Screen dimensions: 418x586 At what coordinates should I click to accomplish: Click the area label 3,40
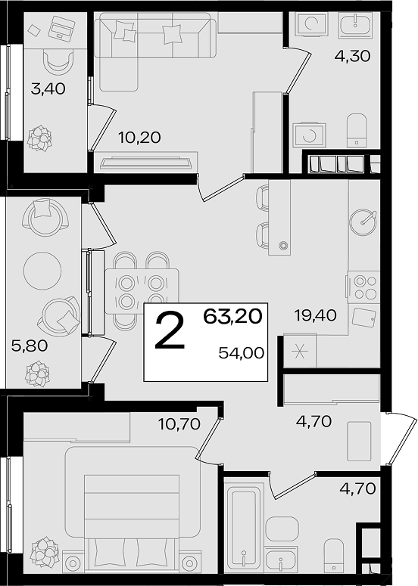pyautogui.click(x=48, y=89)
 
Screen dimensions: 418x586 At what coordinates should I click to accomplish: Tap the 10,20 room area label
pyautogui.click(x=139, y=138)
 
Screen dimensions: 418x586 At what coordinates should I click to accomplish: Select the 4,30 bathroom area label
pyautogui.click(x=352, y=56)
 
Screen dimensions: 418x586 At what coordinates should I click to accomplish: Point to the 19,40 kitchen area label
pyautogui.click(x=315, y=315)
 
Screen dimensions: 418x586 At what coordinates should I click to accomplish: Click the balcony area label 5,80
pyautogui.click(x=30, y=346)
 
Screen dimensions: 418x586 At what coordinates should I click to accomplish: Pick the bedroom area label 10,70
pyautogui.click(x=179, y=423)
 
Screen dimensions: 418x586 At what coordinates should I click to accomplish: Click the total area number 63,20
pyautogui.click(x=232, y=317)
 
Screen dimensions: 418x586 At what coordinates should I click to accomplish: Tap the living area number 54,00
pyautogui.click(x=242, y=353)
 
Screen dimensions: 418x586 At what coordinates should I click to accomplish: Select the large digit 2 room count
pyautogui.click(x=170, y=331)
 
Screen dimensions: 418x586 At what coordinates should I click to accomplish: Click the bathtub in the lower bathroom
pyautogui.click(x=244, y=530)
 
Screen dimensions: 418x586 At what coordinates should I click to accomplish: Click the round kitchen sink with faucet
pyautogui.click(x=363, y=223)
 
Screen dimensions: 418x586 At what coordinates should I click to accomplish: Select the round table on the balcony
pyautogui.click(x=42, y=270)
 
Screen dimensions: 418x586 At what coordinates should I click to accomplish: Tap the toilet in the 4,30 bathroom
pyautogui.click(x=356, y=130)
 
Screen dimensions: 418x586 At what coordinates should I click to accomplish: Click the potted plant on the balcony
pyautogui.click(x=37, y=374)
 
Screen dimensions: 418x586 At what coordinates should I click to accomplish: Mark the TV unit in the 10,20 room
pyautogui.click(x=146, y=163)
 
